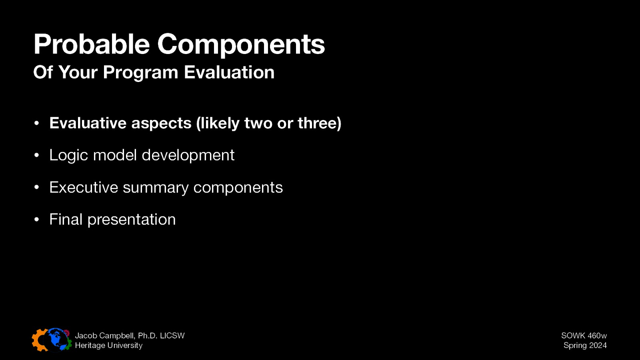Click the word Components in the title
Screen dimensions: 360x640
tap(241, 45)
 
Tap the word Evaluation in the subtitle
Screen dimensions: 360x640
tap(229, 72)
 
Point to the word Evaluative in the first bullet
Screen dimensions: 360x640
tap(88, 123)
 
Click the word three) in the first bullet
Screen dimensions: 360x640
tap(319, 123)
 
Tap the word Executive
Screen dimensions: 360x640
tap(83, 187)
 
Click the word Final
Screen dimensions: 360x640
tap(66, 219)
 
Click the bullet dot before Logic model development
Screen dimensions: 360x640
tap(36, 156)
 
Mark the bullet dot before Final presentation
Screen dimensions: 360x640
tap(36, 220)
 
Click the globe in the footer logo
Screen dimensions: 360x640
tap(57, 340)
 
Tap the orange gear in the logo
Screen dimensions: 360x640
tap(39, 340)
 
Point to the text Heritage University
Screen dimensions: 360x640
tap(108, 345)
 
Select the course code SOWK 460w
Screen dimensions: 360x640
tap(584, 336)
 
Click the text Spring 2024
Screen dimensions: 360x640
tap(585, 345)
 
